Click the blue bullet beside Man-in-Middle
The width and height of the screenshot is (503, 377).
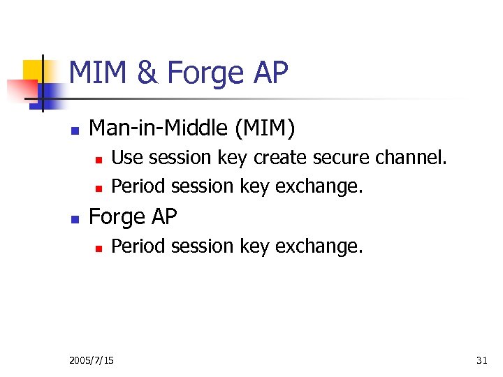pos(73,130)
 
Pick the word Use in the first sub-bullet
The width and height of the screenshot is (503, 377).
pos(126,158)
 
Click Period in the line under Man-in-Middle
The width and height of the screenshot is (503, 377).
pos(137,186)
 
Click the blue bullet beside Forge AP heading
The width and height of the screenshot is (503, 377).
pos(73,219)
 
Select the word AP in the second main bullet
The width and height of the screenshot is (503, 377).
pos(163,217)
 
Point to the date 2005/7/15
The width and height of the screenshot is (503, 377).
pos(92,360)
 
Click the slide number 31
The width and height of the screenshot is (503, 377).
pos(481,360)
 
